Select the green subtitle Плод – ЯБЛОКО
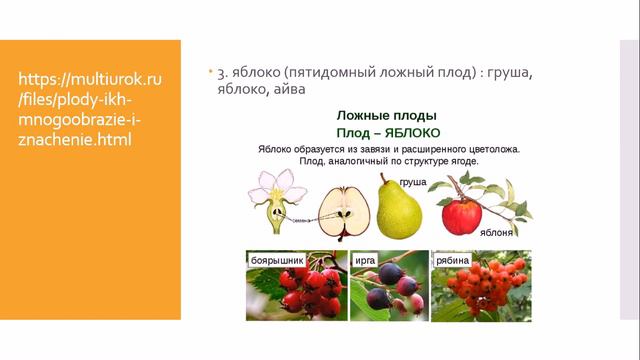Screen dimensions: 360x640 tap(388, 132)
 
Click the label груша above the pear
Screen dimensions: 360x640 tap(412, 183)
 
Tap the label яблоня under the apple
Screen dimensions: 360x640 tap(497, 232)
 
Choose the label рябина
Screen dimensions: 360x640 tap(453, 261)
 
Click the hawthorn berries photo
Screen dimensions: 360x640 tap(297, 290)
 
